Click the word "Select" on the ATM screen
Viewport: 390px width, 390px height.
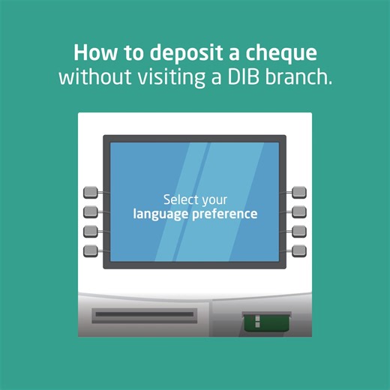[181, 200]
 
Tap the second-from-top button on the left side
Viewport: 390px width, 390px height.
[91, 211]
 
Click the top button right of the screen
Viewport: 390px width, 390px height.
[298, 193]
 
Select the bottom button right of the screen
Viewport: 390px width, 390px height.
[298, 249]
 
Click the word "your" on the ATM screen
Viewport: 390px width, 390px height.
[214, 200]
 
